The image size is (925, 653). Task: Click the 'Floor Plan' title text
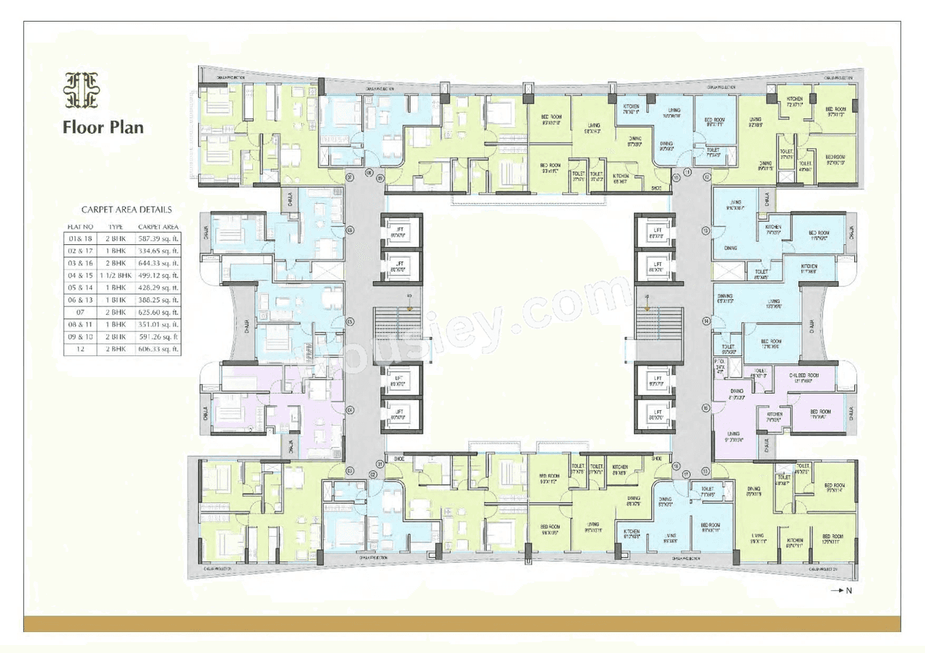(103, 128)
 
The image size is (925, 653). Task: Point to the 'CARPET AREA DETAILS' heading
(126, 210)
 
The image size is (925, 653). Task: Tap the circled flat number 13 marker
(705, 230)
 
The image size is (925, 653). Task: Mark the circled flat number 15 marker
(705, 407)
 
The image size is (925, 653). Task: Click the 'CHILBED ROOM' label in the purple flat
(803, 376)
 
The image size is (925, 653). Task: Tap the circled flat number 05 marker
(350, 322)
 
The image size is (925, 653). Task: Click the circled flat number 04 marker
(350, 410)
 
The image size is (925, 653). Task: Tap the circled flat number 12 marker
(705, 176)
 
